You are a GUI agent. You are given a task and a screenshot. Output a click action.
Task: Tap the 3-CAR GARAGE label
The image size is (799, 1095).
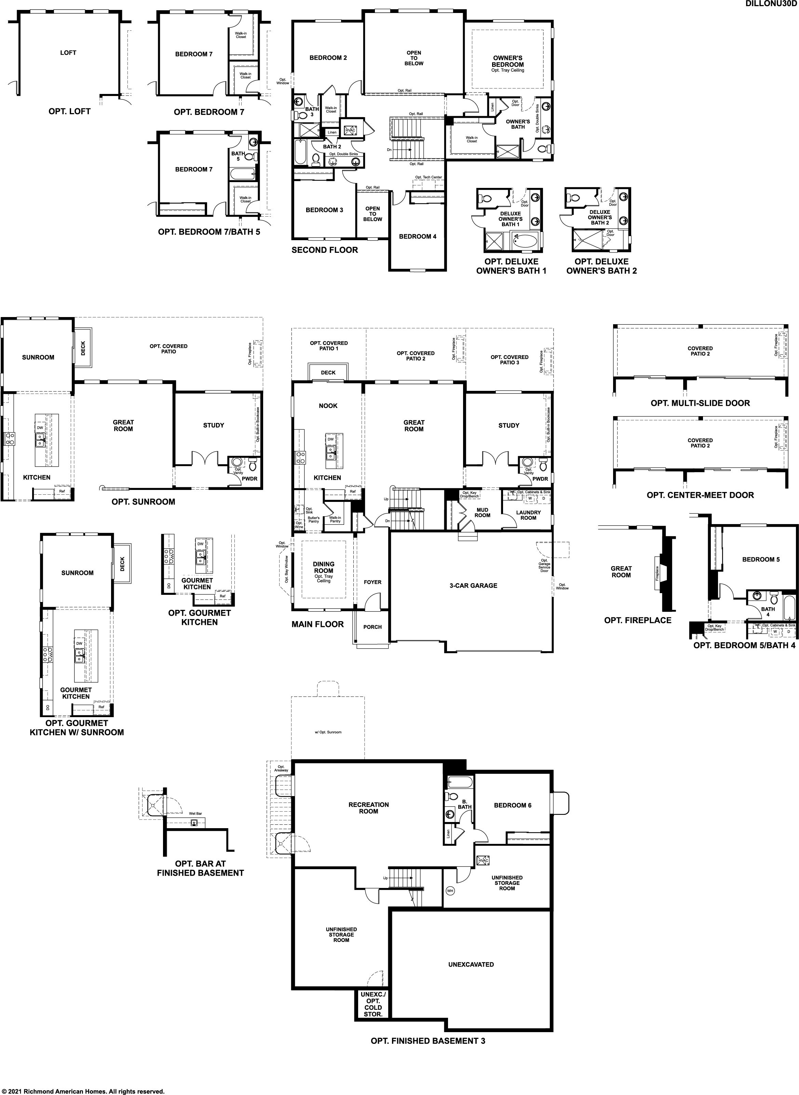[x=473, y=586]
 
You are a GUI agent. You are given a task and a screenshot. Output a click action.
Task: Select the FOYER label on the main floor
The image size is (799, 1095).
[x=373, y=582]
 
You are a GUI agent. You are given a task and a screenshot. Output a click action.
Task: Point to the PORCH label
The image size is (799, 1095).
[x=373, y=627]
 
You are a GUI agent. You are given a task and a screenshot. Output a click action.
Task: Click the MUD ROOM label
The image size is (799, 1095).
[x=482, y=512]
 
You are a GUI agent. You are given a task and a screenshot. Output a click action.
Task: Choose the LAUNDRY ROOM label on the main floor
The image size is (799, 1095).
[x=528, y=515]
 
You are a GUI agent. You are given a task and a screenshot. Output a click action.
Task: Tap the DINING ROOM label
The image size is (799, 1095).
[x=324, y=567]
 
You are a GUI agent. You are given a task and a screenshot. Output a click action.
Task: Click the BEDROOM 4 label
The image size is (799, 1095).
[x=417, y=236]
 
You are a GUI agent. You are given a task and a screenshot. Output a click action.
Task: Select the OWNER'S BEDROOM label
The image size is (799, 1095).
[x=508, y=61]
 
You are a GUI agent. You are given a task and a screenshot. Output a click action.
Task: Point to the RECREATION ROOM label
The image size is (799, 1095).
[x=368, y=808]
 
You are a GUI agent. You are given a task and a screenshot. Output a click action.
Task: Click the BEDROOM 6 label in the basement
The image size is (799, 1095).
[x=513, y=805]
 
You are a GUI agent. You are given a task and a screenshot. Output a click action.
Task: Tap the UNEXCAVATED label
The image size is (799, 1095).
[x=471, y=964]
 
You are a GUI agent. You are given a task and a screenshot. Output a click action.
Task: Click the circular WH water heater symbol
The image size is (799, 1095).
[x=450, y=890]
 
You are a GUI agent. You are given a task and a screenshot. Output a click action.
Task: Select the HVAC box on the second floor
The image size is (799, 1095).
[x=350, y=131]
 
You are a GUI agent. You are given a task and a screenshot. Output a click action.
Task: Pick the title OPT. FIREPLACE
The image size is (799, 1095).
[x=638, y=620]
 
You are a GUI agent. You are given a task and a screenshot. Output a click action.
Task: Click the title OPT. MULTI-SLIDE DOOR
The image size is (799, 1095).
[x=700, y=403]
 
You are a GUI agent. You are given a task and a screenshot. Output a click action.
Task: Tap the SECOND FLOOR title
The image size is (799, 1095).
[x=325, y=250]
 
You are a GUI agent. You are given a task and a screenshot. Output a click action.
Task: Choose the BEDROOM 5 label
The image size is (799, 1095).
[x=761, y=559]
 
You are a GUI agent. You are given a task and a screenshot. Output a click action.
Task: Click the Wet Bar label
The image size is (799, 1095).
[x=195, y=813]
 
